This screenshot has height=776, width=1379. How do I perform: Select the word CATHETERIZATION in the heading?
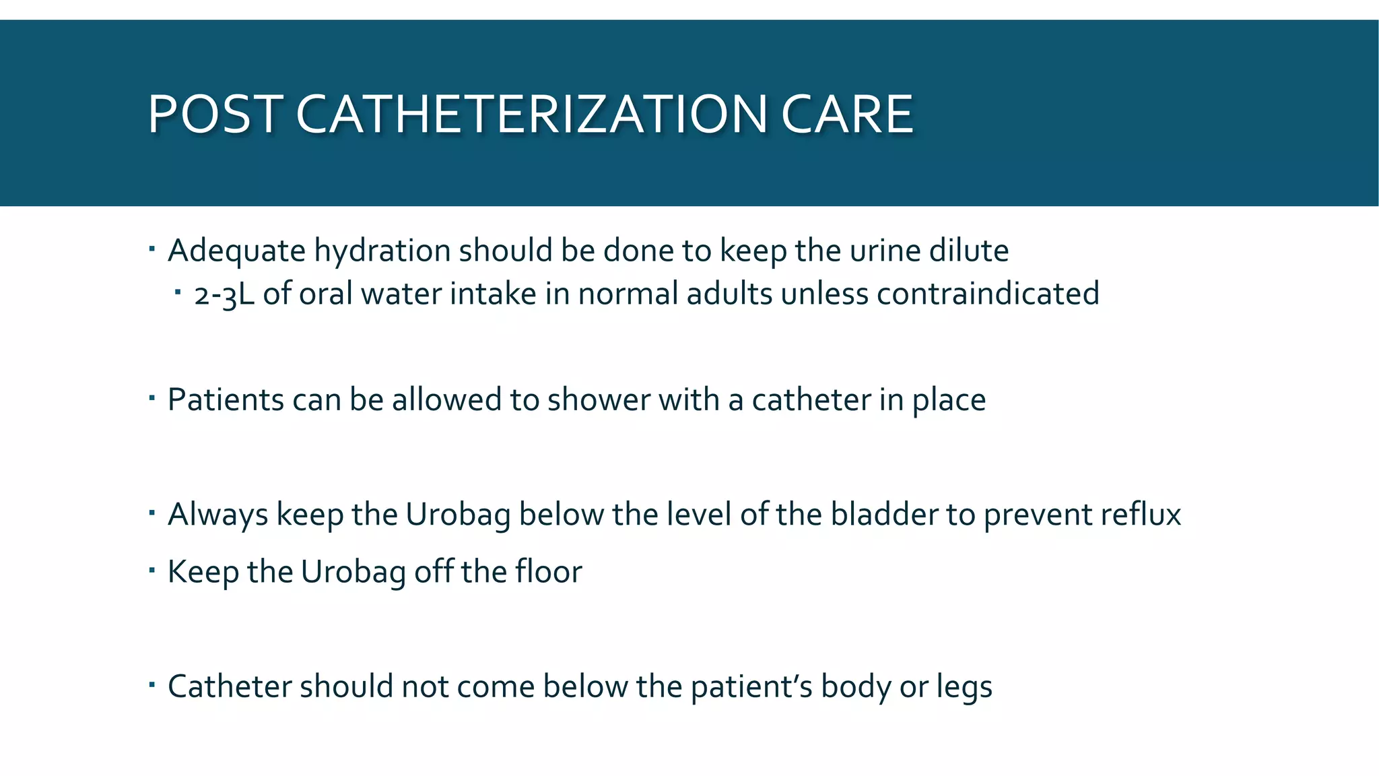tap(531, 114)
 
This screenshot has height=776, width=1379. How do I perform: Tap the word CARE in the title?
tap(846, 114)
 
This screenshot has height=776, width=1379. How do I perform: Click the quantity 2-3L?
tap(224, 294)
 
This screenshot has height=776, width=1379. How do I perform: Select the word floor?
tap(549, 572)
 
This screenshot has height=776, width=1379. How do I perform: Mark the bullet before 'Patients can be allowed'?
tap(152, 398)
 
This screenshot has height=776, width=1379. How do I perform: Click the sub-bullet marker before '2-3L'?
tap(178, 292)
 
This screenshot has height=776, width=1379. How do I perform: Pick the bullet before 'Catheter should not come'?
tap(152, 685)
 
